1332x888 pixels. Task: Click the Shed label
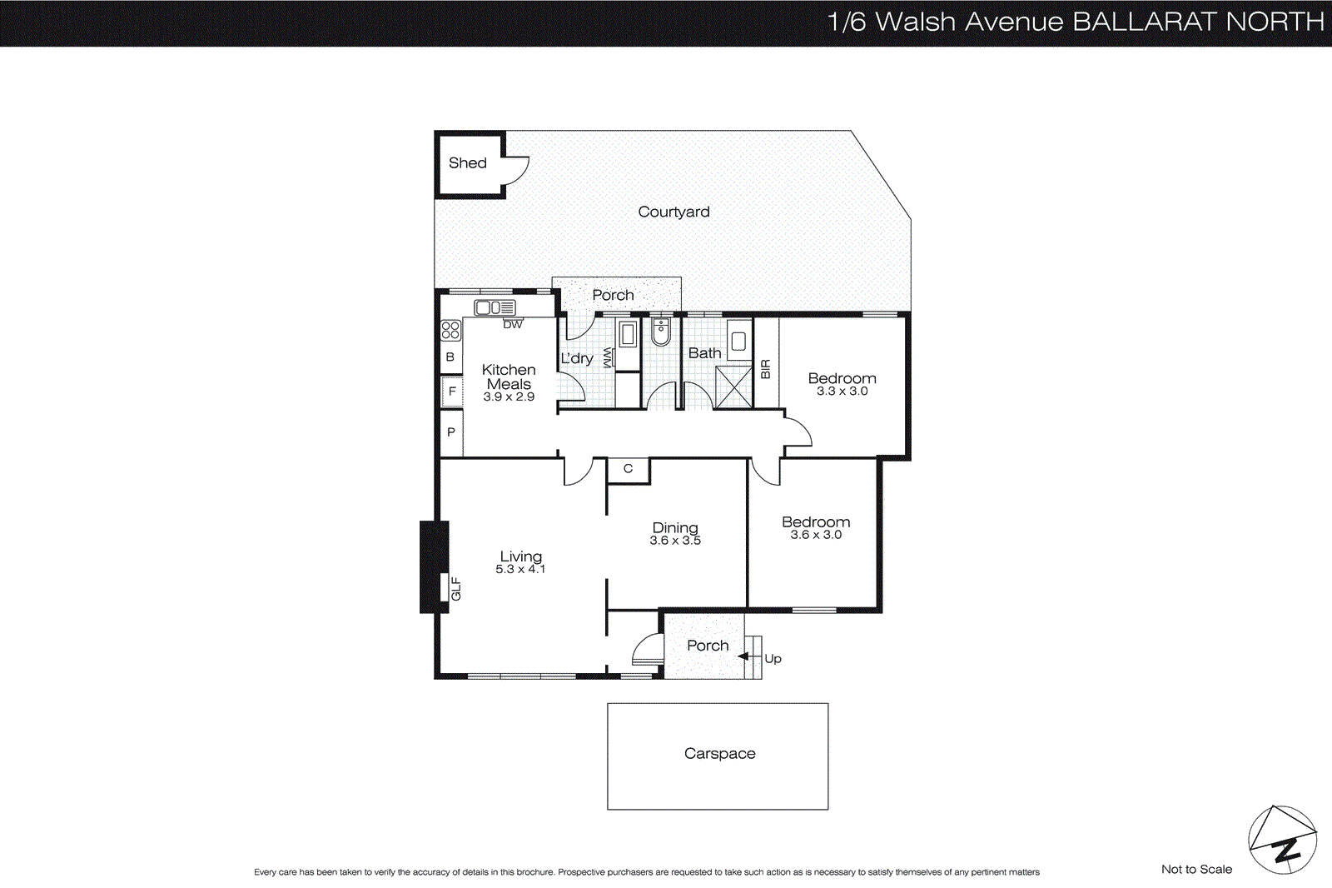pos(467,163)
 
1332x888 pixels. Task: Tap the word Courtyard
pos(673,212)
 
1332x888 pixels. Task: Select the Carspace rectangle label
pos(719,754)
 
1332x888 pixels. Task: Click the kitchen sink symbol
pos(495,307)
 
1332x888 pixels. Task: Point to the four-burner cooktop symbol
pos(450,330)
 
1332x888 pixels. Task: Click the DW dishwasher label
pos(513,324)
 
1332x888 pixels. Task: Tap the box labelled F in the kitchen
pos(452,391)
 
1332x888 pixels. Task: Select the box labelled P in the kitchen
pos(451,432)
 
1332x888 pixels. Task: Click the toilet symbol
pos(661,332)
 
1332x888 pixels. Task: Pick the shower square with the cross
pos(733,387)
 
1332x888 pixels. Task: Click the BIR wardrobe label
pos(766,369)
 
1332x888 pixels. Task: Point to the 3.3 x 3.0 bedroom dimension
pos(842,392)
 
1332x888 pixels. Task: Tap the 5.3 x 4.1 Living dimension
pos(520,569)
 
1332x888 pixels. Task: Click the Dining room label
pos(675,527)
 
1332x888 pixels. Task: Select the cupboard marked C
pos(628,469)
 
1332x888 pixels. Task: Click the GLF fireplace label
pos(456,588)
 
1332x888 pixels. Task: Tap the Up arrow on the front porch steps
pos(743,656)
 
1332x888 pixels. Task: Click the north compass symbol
pos(1282,840)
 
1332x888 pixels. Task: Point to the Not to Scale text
pos(1196,869)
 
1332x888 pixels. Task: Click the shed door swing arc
pos(518,171)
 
